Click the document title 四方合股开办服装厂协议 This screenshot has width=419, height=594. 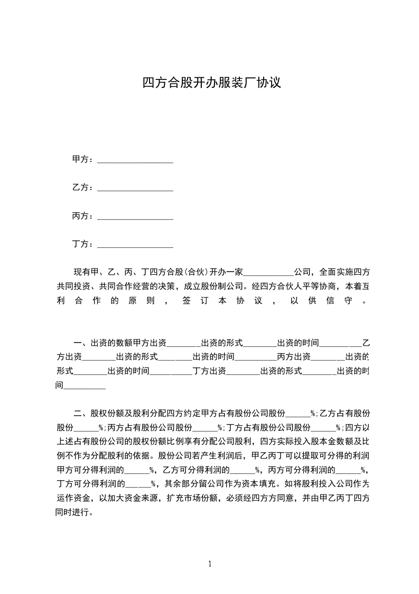click(210, 83)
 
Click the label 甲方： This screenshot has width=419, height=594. click(82, 159)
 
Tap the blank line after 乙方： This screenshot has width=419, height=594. click(136, 189)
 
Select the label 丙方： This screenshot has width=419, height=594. click(82, 216)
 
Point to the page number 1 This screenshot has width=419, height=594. click(210, 564)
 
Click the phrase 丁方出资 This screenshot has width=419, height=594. click(210, 371)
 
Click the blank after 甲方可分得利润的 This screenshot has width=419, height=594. click(137, 470)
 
